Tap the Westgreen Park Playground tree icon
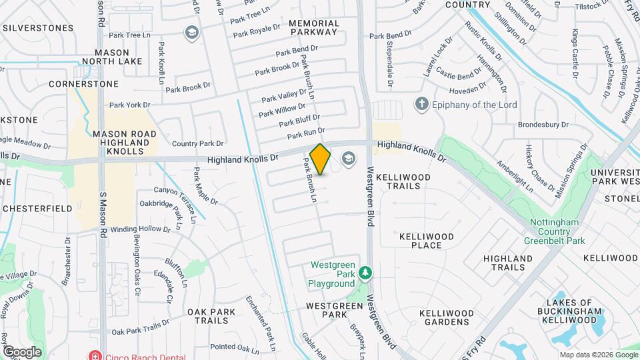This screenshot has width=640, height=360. coord(365,272)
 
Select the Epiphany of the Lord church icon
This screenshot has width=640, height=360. coord(421,104)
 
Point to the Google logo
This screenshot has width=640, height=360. coord(22,352)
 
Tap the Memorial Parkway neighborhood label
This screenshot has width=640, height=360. coord(314,27)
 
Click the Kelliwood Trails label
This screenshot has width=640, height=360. coord(403,181)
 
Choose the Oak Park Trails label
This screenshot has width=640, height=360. coord(211,316)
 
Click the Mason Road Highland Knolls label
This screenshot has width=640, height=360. coord(125,143)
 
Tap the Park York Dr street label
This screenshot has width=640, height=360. coord(130,105)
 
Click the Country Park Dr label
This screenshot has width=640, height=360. coord(197,143)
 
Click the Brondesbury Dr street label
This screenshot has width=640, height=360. coord(545,125)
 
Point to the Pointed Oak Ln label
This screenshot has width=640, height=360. coord(234,347)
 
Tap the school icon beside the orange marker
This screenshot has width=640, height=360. coord(347,158)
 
